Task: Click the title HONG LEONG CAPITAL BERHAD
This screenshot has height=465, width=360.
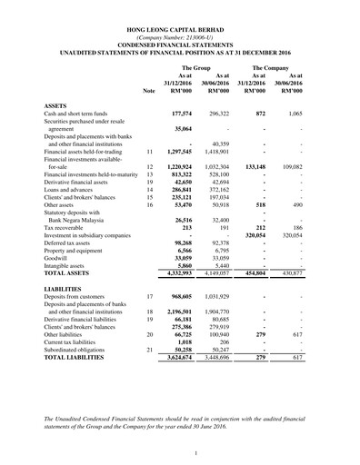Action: click(x=180, y=30)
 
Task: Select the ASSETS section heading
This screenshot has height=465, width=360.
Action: click(x=56, y=105)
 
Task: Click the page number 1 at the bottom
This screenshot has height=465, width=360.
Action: click(x=180, y=451)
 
